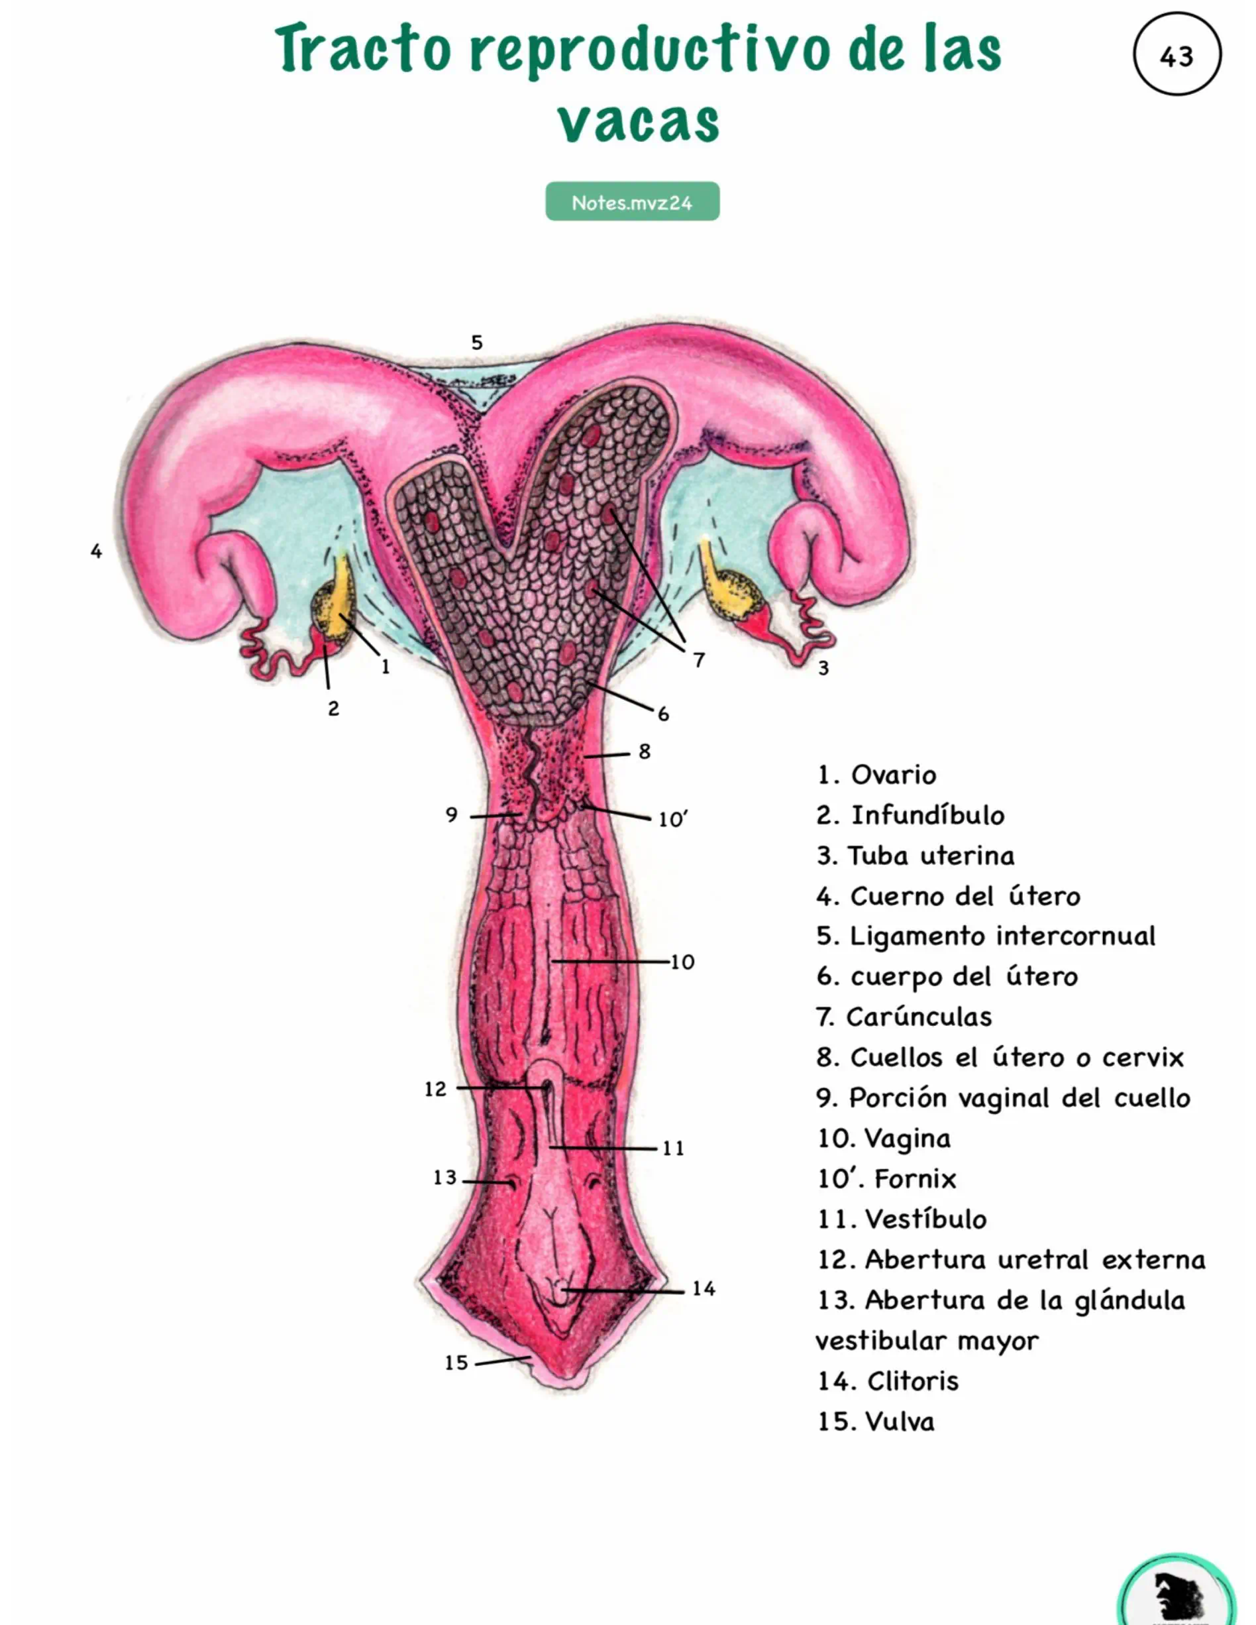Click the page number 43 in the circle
click(x=1176, y=56)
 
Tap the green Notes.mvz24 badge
click(x=632, y=201)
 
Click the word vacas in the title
click(x=639, y=121)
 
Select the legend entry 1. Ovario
click(x=876, y=775)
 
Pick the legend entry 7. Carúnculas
click(x=904, y=1017)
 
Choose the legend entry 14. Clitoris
click(x=888, y=1381)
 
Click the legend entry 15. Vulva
click(x=876, y=1421)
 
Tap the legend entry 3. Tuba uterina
click(x=916, y=856)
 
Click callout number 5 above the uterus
click(x=477, y=343)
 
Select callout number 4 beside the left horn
click(x=96, y=551)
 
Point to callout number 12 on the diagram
click(x=435, y=1090)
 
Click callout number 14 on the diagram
click(x=704, y=1289)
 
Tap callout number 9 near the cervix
click(x=451, y=814)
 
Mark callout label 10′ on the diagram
click(x=672, y=819)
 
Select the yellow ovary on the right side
click(x=730, y=588)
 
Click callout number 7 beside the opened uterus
click(x=698, y=660)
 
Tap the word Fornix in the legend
click(x=915, y=1178)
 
